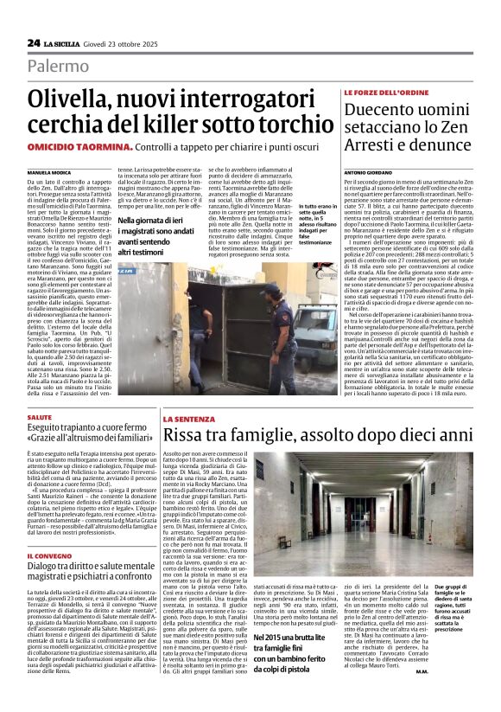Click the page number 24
(33, 42)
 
